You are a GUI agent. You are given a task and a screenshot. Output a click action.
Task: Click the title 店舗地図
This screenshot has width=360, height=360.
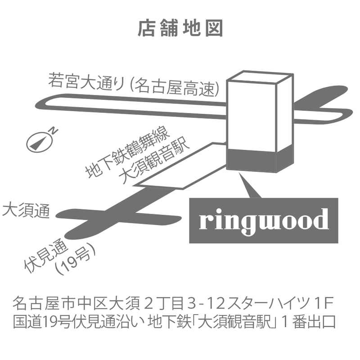(x=180, y=28)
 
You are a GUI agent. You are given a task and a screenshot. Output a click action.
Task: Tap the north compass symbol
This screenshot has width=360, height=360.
(x=38, y=142)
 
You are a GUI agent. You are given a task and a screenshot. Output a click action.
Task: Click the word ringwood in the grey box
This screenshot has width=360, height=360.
(x=264, y=220)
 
